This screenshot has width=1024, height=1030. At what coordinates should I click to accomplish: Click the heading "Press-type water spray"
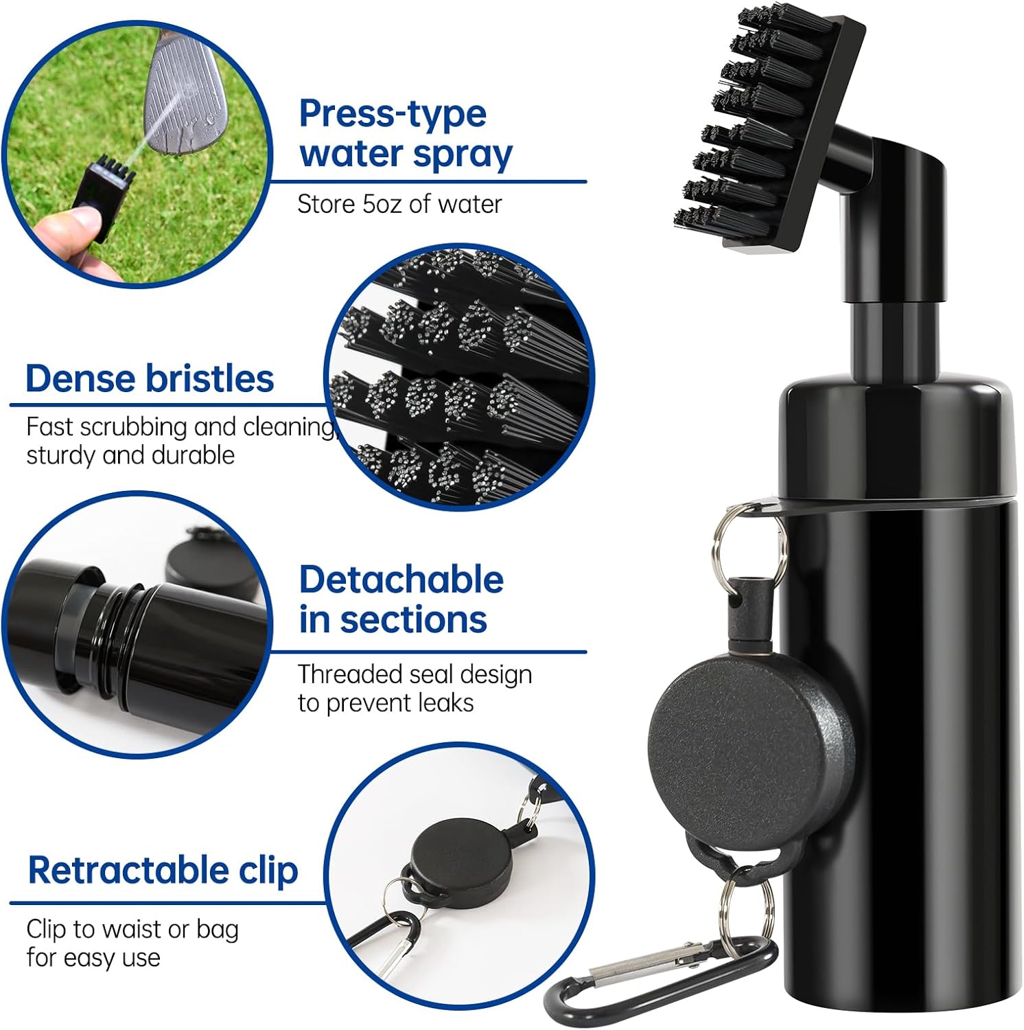405,133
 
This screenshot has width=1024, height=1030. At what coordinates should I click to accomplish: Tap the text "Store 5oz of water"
399,204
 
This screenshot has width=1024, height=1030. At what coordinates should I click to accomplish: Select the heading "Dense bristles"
150,378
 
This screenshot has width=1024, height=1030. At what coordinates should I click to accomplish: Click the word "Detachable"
401,580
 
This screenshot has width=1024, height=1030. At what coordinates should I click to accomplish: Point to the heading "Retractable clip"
163,870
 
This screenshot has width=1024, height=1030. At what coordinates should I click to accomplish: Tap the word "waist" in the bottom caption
130,929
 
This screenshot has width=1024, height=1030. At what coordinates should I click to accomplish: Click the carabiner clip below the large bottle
659,975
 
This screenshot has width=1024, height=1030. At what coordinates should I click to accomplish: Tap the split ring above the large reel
748,542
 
